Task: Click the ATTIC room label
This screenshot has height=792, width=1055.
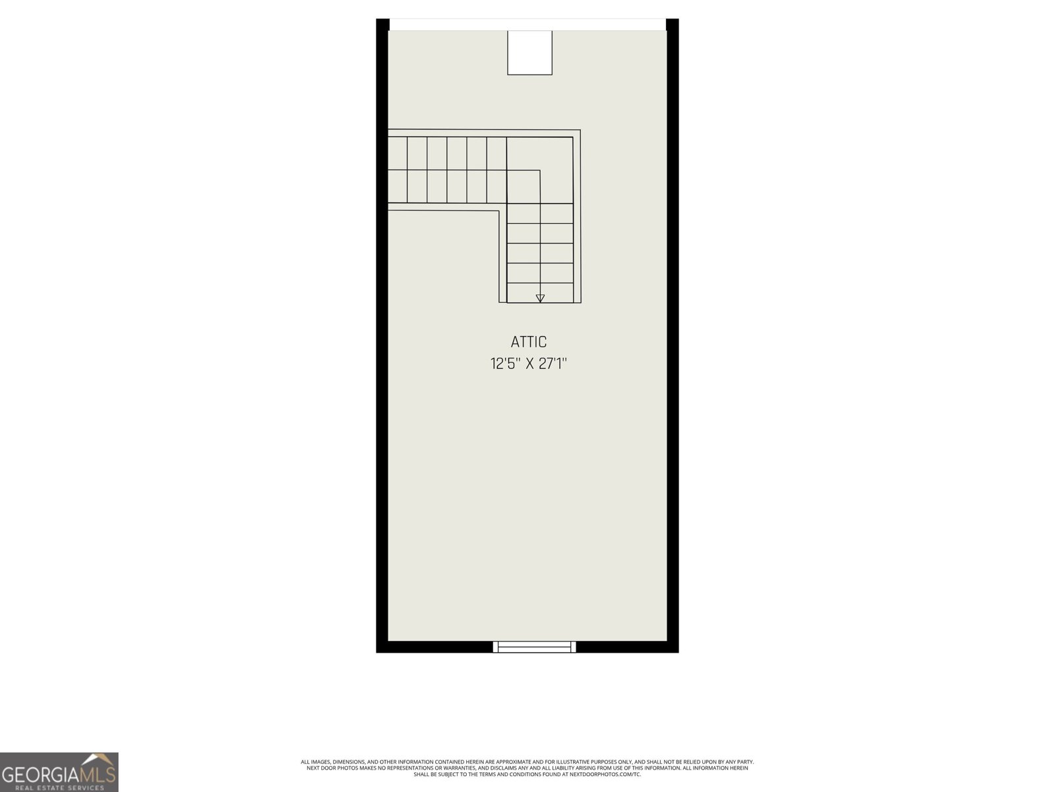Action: coord(529,342)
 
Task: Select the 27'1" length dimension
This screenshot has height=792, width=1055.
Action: coord(553,364)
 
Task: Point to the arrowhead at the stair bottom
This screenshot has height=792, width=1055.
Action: coord(540,298)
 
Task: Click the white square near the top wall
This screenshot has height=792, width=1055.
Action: coord(529,52)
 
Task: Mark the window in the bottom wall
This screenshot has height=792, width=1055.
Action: coord(534,647)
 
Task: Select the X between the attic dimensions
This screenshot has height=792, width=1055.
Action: coord(529,364)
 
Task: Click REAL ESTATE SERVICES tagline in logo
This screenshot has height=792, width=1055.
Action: coord(59,787)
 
